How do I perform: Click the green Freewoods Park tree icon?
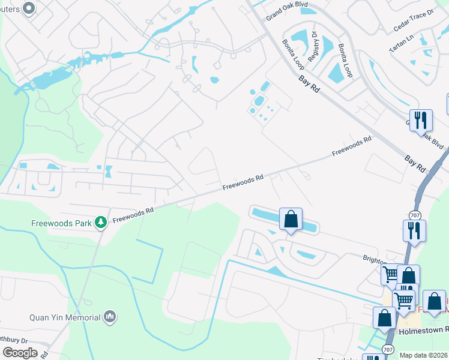(x=101, y=223)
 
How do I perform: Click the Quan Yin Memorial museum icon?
(x=109, y=316)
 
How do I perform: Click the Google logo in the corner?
(x=19, y=352)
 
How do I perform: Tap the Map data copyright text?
(x=423, y=355)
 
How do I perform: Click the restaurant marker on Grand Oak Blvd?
(x=421, y=120)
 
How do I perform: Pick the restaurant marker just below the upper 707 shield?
(x=414, y=231)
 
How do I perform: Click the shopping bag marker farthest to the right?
(x=434, y=302)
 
